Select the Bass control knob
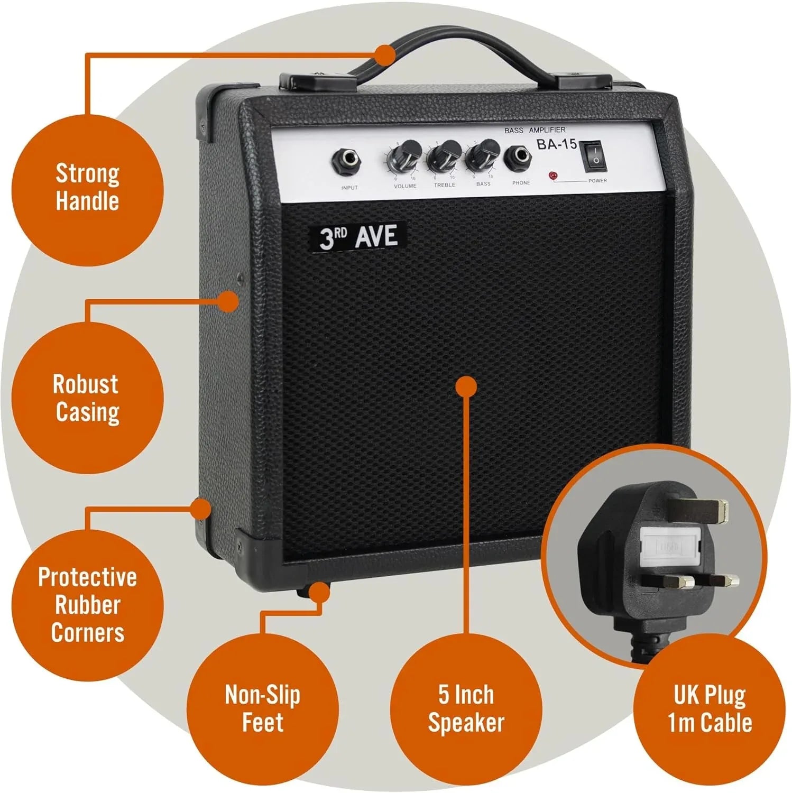point(482,153)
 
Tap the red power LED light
point(553,176)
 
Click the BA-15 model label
point(557,144)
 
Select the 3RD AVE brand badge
point(358,236)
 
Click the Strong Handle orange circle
point(87,188)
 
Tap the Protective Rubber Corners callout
point(87,604)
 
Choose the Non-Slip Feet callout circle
point(262,708)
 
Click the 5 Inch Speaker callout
point(466,708)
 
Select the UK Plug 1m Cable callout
point(709,708)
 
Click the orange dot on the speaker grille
point(466,386)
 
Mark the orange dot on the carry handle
point(385,54)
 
